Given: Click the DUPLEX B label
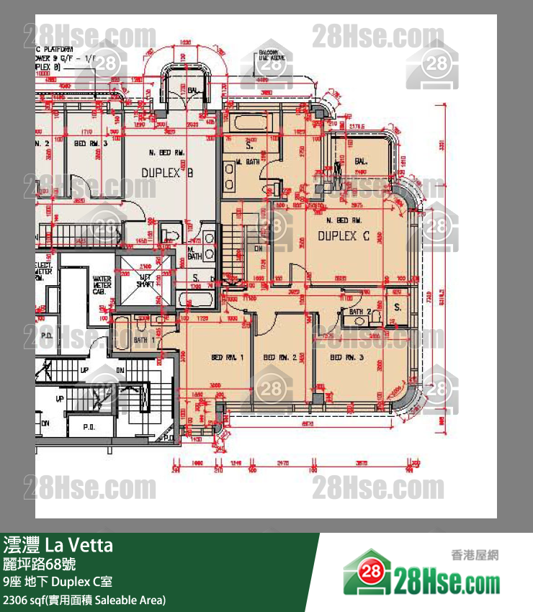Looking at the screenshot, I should click(167, 174).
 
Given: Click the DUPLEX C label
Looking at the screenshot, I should click(344, 235).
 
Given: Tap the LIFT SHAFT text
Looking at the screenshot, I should click(145, 282).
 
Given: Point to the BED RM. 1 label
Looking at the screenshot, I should click(228, 358).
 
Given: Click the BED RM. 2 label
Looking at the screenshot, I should click(280, 358).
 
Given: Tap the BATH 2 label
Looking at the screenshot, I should click(361, 312).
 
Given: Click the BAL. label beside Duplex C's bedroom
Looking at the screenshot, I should click(361, 162).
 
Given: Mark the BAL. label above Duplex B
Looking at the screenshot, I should click(193, 91).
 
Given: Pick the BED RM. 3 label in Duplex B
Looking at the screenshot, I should click(90, 143).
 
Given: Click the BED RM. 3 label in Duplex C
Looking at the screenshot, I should click(346, 358).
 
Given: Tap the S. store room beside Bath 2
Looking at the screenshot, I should click(397, 307).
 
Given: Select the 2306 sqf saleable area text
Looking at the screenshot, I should click(84, 599).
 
